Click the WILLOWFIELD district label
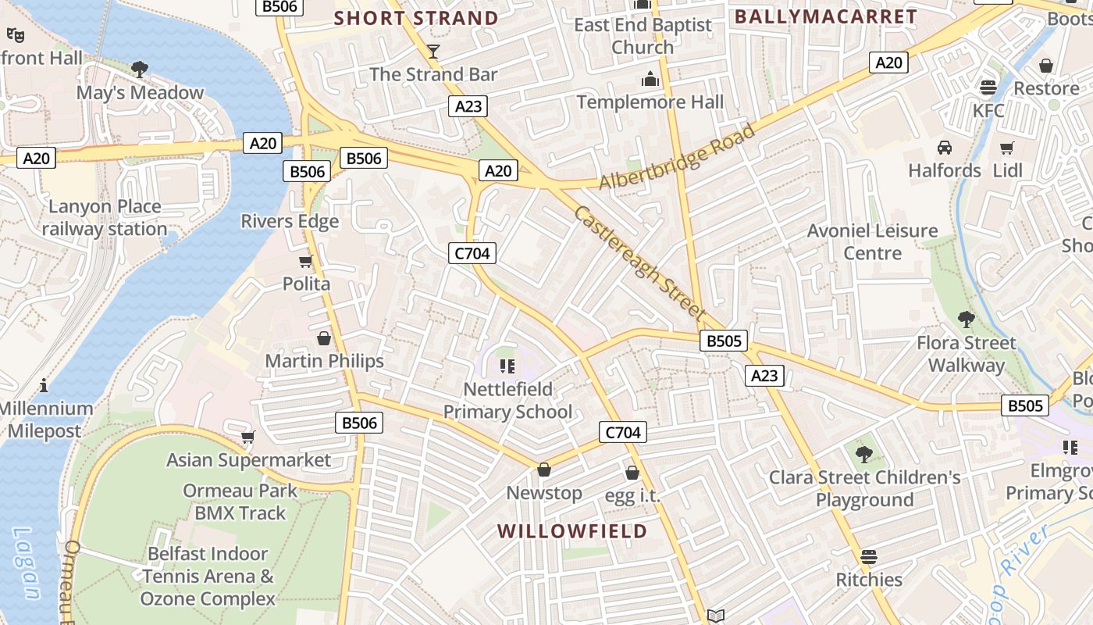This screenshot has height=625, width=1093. [x=572, y=531]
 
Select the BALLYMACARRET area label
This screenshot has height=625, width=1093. [x=825, y=16]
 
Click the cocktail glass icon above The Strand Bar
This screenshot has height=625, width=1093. [x=433, y=52]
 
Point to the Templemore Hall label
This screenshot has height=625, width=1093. [x=650, y=102]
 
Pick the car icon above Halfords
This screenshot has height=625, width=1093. [x=945, y=148]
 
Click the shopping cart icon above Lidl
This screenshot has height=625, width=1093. [x=1007, y=148]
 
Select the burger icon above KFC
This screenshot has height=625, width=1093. [x=988, y=87]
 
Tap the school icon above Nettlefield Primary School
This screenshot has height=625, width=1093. [x=507, y=366]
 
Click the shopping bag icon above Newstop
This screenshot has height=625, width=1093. [x=544, y=470]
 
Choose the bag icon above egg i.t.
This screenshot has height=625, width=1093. [x=632, y=473]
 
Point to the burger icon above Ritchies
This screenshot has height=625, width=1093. [x=869, y=557]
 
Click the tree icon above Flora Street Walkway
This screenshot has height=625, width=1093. [x=966, y=320]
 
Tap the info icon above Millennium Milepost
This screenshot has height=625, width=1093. [x=44, y=385]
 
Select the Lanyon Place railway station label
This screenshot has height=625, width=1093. [x=104, y=218]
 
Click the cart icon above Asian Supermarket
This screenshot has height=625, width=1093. [x=247, y=437]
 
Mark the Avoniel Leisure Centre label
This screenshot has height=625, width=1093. [x=872, y=241]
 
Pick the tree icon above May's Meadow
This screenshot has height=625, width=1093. [x=140, y=70]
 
